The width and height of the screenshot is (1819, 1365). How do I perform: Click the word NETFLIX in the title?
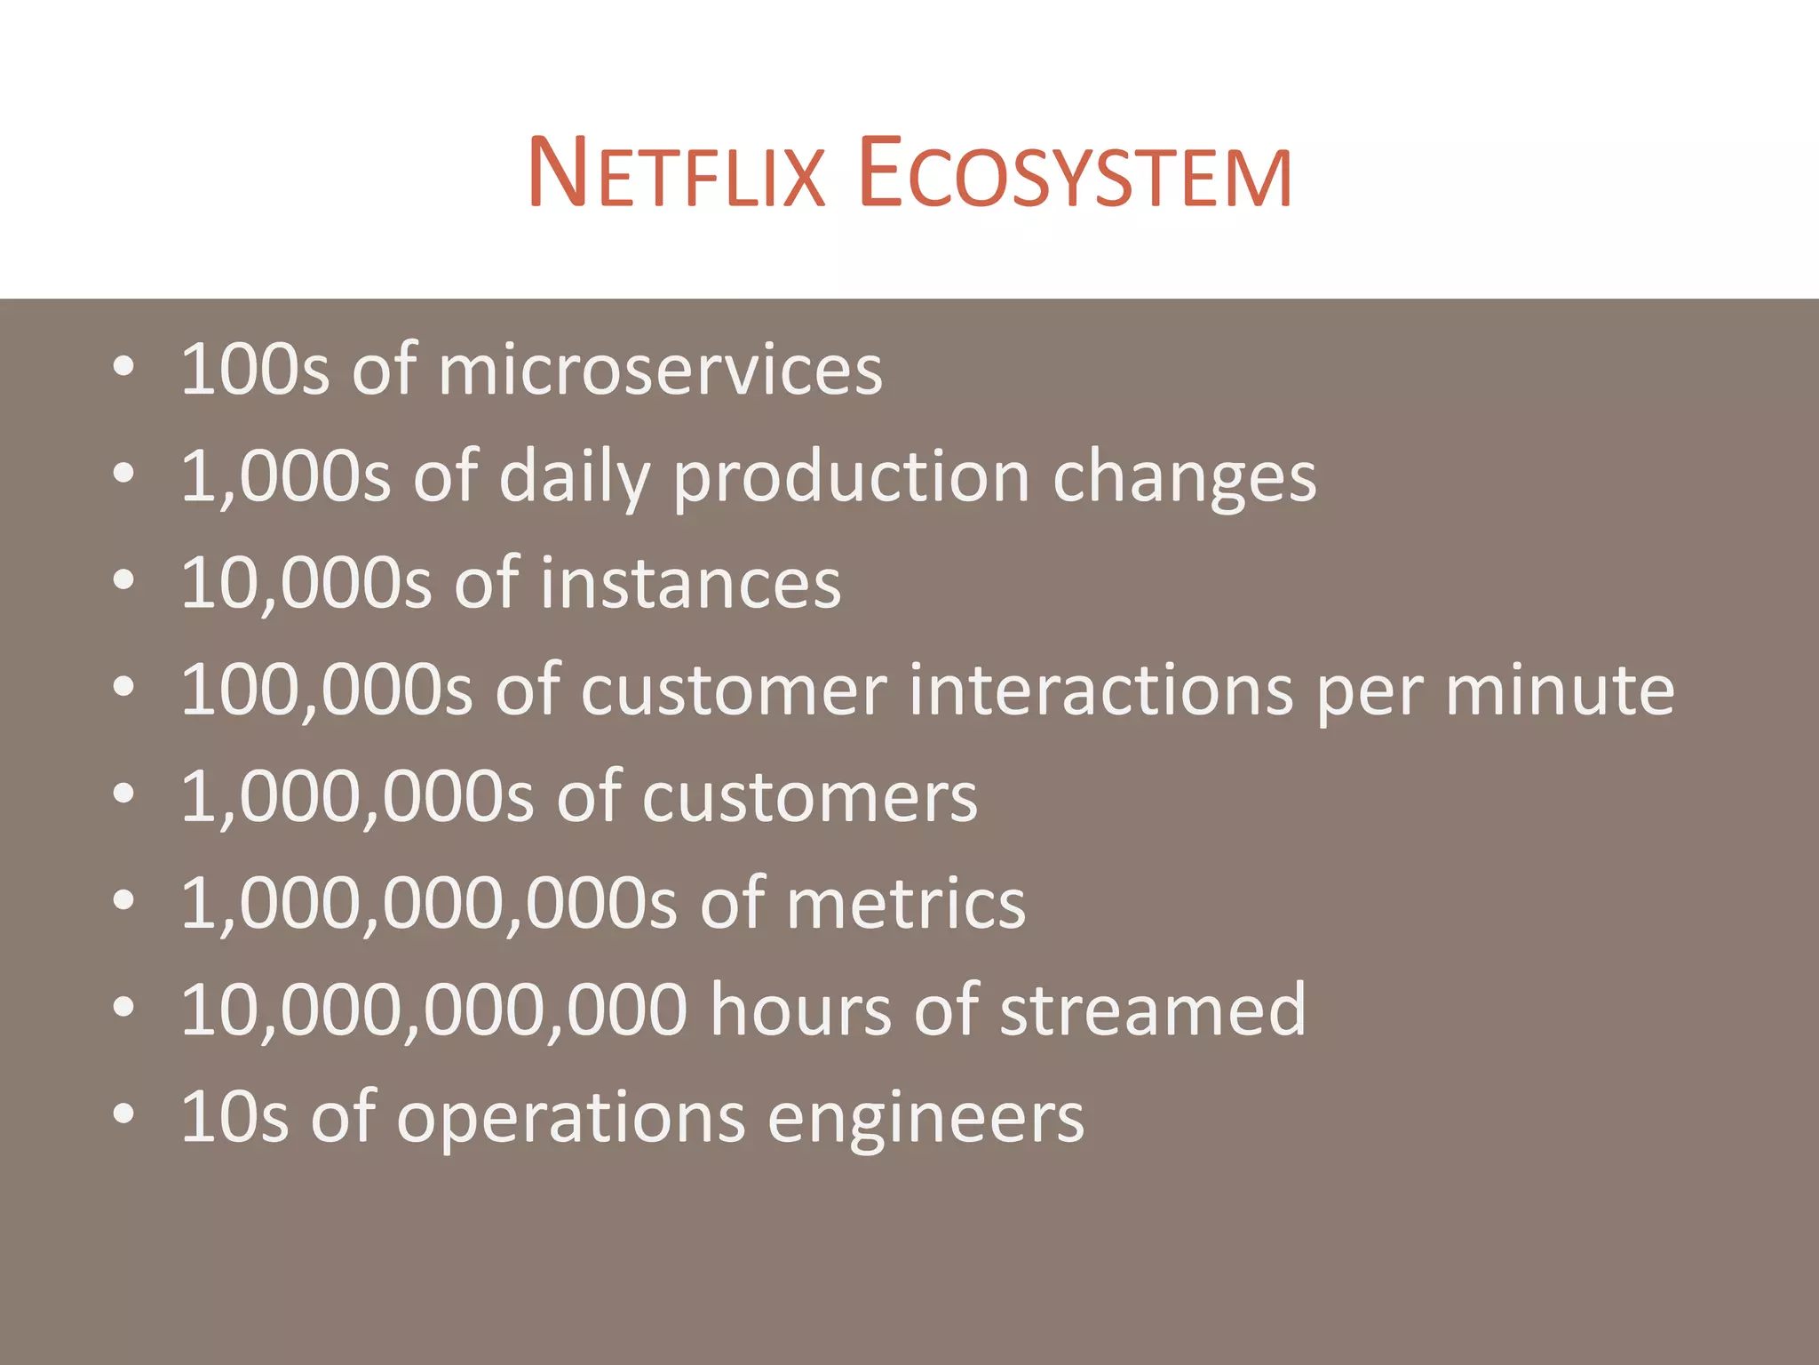tap(677, 173)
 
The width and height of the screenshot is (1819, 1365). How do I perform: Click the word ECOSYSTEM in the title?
tap(1075, 173)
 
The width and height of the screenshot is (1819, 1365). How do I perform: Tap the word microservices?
tap(660, 370)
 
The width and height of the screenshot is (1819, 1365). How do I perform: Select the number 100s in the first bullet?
tap(254, 370)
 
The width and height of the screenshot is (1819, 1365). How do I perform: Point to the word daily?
tap(575, 478)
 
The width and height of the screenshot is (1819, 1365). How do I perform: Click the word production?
tap(851, 478)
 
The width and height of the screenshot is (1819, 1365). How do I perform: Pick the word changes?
tap(1183, 478)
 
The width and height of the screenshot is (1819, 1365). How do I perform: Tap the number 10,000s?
tap(306, 584)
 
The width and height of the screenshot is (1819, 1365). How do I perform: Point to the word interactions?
tap(1100, 690)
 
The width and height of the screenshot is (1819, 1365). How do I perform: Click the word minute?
tap(1560, 690)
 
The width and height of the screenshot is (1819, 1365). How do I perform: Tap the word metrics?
tap(905, 905)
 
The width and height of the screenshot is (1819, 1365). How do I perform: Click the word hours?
tap(800, 1010)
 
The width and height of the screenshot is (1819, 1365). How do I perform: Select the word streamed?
tap(1152, 1010)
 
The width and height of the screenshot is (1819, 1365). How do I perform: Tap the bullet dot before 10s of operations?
tap(124, 1114)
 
